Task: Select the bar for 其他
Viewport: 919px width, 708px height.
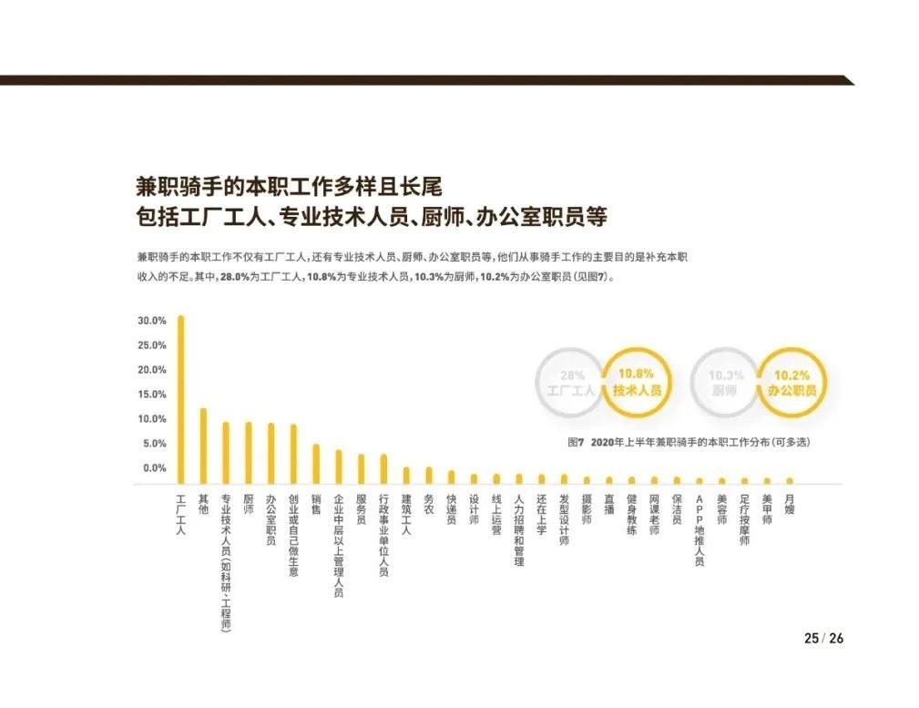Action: point(203,446)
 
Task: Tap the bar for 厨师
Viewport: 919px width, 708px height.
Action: point(248,453)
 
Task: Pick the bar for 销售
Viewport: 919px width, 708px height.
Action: point(316,464)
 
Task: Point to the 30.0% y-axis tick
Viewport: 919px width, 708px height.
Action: point(151,321)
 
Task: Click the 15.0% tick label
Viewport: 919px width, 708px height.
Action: point(151,395)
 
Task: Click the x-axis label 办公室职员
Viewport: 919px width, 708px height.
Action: point(271,519)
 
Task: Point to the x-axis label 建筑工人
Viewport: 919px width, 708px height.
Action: point(406,515)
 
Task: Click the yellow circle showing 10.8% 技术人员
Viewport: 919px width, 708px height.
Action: point(636,383)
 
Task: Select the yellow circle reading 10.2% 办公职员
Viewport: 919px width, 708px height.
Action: point(792,383)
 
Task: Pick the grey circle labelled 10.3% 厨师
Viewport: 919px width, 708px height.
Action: point(726,383)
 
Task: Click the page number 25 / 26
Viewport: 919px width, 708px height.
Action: point(822,639)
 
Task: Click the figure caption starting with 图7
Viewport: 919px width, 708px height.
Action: point(688,443)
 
